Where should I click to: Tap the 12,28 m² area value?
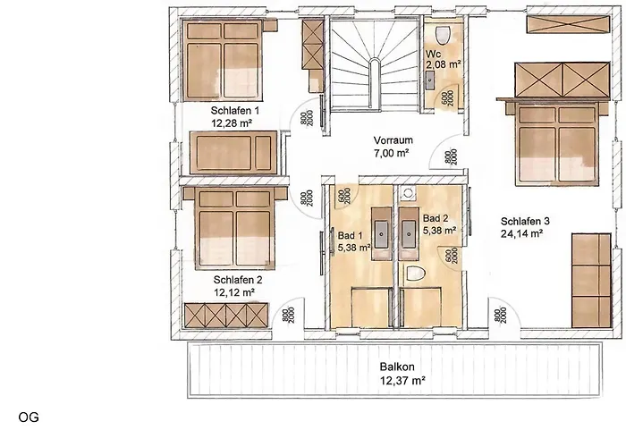pyautogui.click(x=231, y=123)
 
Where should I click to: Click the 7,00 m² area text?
pyautogui.click(x=391, y=154)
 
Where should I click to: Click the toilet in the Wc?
pyautogui.click(x=440, y=33)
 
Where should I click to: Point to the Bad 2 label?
pyautogui.click(x=435, y=217)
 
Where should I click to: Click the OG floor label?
pyautogui.click(x=27, y=417)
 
